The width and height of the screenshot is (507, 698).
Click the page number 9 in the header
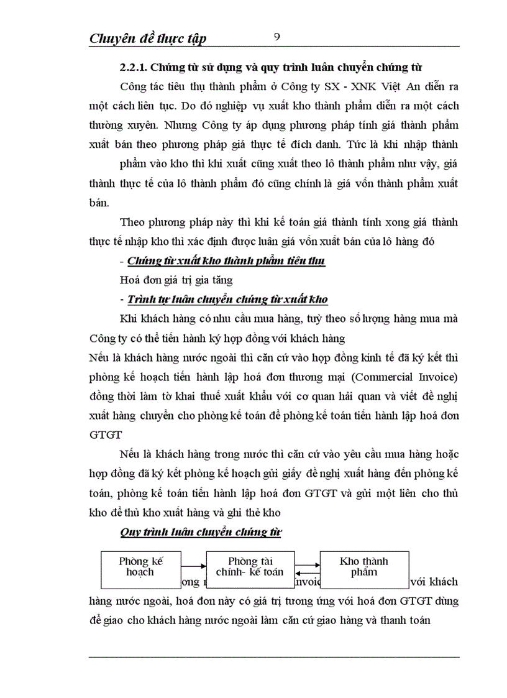click(277, 37)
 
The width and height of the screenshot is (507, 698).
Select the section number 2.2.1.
click(134, 67)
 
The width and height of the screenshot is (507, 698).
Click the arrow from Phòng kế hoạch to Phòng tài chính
click(193, 566)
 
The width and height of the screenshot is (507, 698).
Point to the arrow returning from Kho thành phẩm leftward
click(307, 574)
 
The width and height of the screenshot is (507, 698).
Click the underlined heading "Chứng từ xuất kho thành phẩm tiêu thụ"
click(226, 260)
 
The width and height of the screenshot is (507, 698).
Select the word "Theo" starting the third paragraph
click(132, 222)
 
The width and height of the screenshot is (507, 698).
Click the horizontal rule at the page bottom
click(274, 656)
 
